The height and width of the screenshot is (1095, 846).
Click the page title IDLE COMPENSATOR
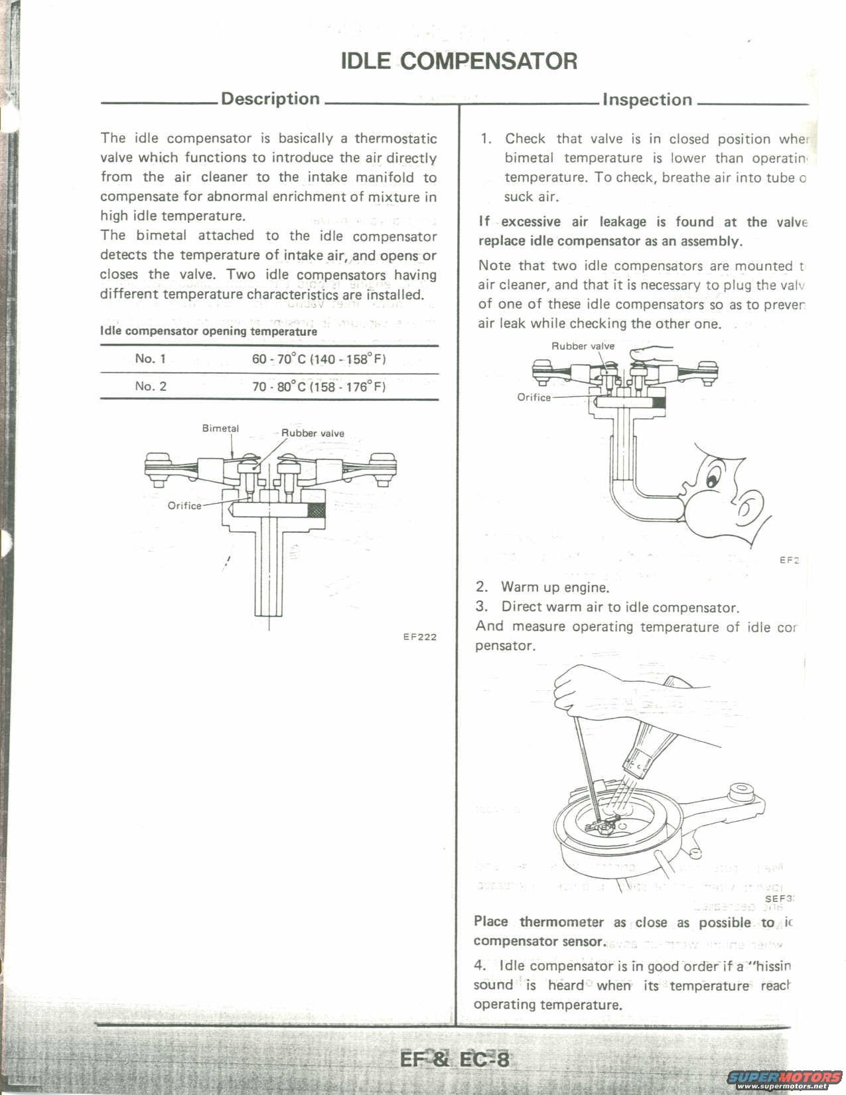[458, 61]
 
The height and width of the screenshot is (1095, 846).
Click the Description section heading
[270, 99]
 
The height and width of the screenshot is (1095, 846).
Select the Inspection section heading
[647, 100]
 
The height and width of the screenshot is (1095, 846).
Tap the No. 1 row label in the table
[150, 359]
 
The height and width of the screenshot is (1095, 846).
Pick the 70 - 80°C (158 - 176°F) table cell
[318, 387]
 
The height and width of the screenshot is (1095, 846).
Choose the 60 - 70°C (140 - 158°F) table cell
[318, 359]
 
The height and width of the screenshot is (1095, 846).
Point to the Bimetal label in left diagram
[220, 429]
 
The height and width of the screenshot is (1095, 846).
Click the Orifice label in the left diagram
[184, 506]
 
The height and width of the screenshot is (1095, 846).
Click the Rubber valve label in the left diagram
[313, 433]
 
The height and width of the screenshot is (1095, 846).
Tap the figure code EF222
[419, 637]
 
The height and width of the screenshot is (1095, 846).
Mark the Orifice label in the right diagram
[534, 398]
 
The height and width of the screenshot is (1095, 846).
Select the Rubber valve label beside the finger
[583, 346]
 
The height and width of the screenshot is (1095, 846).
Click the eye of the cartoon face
[713, 476]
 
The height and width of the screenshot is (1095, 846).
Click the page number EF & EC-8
[455, 1059]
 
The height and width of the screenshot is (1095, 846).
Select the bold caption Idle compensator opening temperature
[208, 331]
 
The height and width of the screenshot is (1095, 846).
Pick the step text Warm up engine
[555, 587]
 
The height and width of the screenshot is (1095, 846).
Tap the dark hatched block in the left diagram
[317, 511]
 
